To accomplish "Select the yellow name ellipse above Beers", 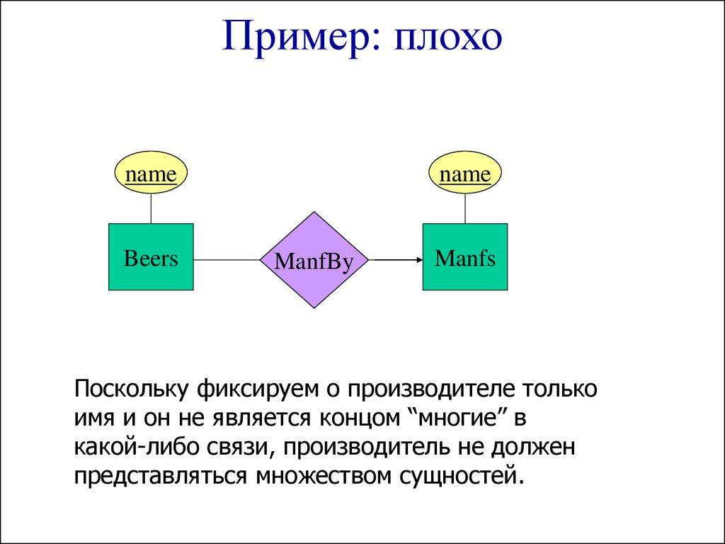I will (x=151, y=174).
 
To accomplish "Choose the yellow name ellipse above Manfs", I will (x=465, y=174).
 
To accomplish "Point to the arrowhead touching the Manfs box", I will (x=418, y=260).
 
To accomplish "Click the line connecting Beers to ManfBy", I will (x=227, y=260).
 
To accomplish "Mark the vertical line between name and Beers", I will (x=151, y=208).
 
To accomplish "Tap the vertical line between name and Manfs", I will (x=465, y=208).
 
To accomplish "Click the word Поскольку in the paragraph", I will (x=131, y=390).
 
